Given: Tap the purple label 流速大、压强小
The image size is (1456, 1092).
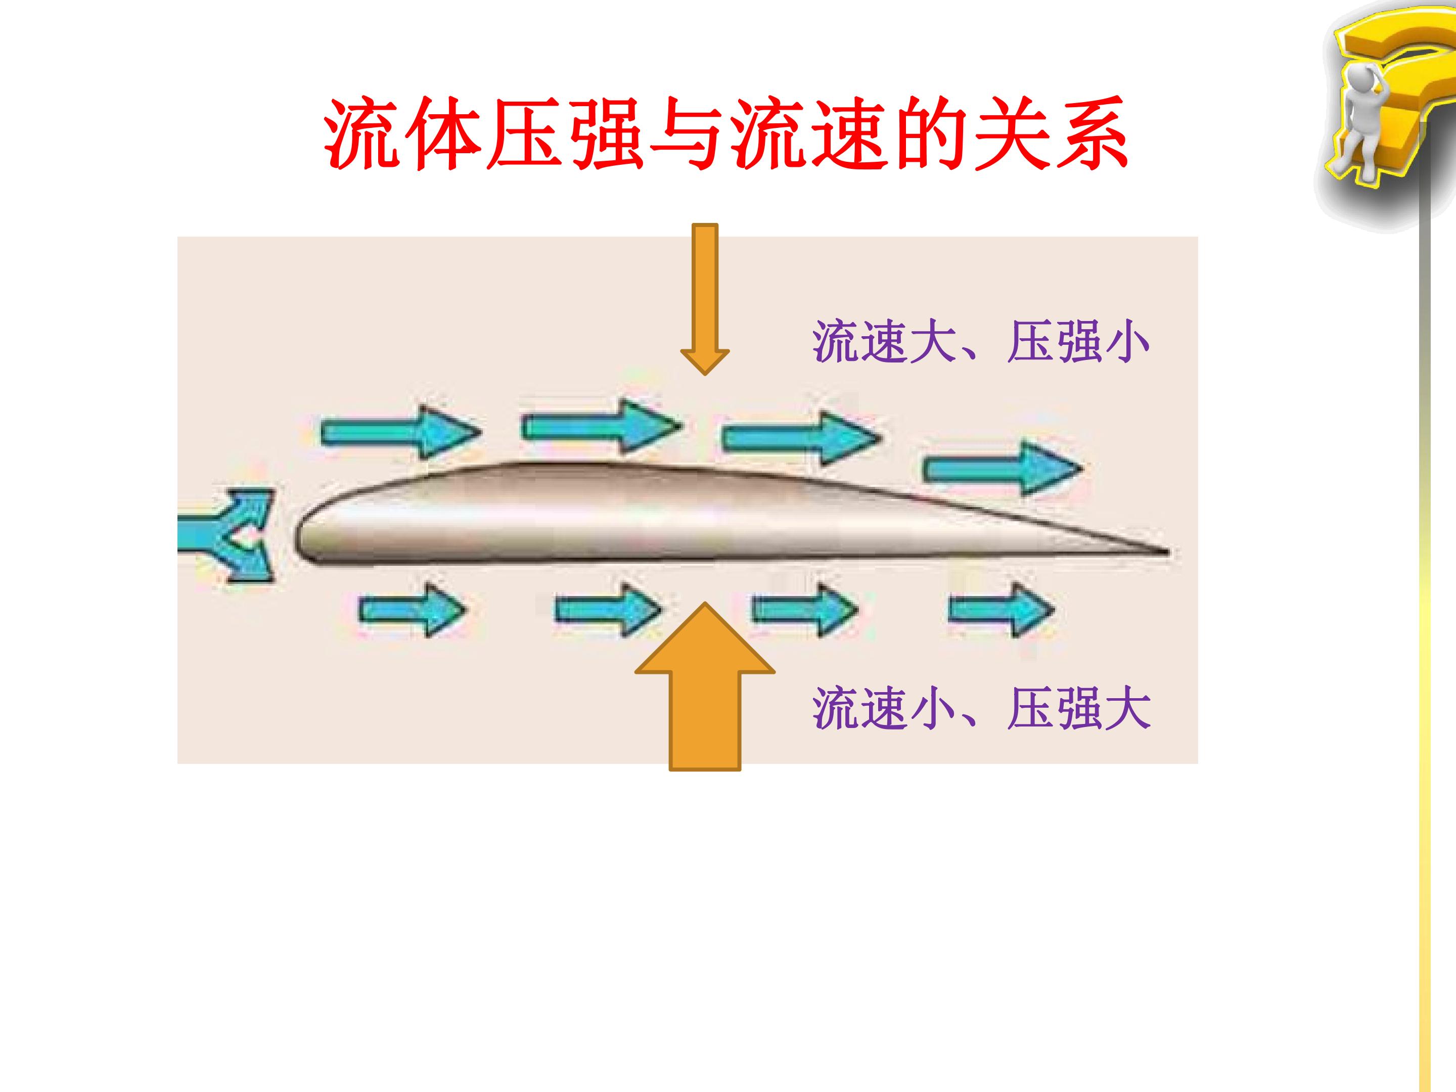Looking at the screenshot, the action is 981,342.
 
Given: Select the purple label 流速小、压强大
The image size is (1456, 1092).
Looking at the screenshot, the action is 981,708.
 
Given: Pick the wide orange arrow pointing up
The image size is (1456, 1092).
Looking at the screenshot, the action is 705,687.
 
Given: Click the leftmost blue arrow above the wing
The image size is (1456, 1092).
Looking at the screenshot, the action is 401,432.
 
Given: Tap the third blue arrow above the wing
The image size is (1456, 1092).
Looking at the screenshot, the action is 802,436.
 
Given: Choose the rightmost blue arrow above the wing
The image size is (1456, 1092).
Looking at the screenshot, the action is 1003,469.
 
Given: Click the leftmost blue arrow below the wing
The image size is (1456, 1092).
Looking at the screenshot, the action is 413,610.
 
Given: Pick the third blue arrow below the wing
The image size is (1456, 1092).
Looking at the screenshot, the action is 804,610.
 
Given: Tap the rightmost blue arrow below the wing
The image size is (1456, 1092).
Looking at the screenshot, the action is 1001,610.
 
